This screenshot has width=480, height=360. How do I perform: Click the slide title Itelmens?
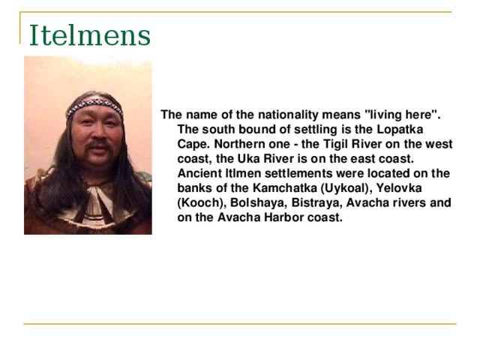89,35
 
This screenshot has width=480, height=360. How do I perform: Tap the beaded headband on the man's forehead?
94,106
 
